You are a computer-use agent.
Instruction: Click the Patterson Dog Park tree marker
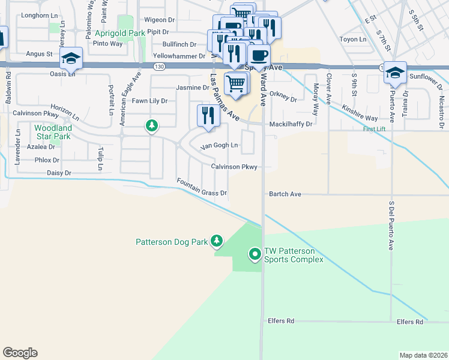[217, 242]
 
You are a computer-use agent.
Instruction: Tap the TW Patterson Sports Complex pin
[255, 255]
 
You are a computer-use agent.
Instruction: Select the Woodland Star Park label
[53, 132]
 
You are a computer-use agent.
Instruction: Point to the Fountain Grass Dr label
[201, 187]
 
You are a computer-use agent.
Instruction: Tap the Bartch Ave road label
[285, 194]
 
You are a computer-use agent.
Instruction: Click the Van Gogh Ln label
[219, 146]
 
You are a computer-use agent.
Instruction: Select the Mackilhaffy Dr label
[291, 124]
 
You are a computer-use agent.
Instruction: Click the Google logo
[20, 353]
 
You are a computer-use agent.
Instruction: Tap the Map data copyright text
[423, 355]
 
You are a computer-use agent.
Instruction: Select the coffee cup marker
[259, 56]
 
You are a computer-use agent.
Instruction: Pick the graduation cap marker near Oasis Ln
[71, 58]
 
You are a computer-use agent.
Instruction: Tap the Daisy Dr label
[59, 173]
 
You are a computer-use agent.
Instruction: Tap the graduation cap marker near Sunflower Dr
[396, 72]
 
